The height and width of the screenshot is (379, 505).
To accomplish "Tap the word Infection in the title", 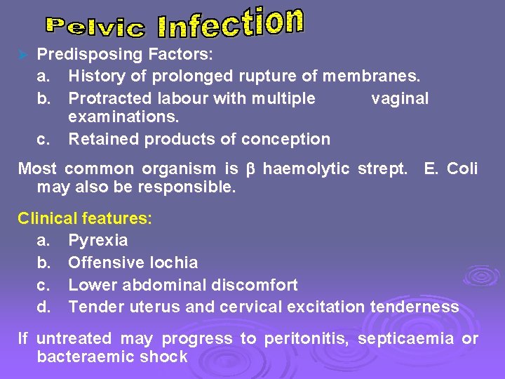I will pyautogui.click(x=231, y=23).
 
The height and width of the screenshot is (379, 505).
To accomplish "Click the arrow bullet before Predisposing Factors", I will pyautogui.click(x=22, y=54).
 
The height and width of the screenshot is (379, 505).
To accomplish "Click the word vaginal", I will pyautogui.click(x=399, y=98).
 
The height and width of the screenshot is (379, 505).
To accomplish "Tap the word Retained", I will pyautogui.click(x=103, y=139).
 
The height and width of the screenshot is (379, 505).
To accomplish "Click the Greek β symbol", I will pyautogui.click(x=250, y=169).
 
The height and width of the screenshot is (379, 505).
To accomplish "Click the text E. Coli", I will pyautogui.click(x=451, y=168).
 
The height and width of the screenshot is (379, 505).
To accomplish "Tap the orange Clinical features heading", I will pyautogui.click(x=84, y=218).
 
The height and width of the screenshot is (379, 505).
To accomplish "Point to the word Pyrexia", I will pyautogui.click(x=98, y=241).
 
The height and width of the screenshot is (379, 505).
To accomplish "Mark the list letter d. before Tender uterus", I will pyautogui.click(x=43, y=307).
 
